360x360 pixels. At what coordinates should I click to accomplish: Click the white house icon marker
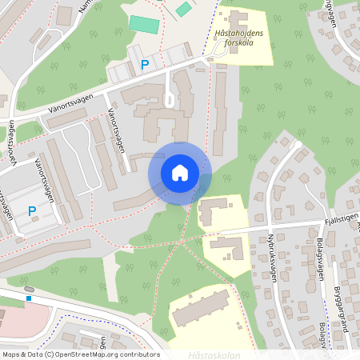tap(180, 173)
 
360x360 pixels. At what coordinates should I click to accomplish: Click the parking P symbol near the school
tap(145, 65)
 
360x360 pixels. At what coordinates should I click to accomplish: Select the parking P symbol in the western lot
tap(32, 211)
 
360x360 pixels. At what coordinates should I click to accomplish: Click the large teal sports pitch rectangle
tap(144, 24)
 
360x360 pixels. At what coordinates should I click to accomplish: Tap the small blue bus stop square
tap(28, 298)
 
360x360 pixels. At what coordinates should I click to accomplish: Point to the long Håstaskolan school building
tap(201, 308)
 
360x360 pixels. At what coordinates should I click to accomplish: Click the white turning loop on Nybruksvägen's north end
tap(298, 145)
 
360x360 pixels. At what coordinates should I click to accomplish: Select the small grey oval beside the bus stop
tap(30, 288)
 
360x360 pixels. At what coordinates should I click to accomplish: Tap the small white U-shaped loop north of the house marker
tap(169, 98)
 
